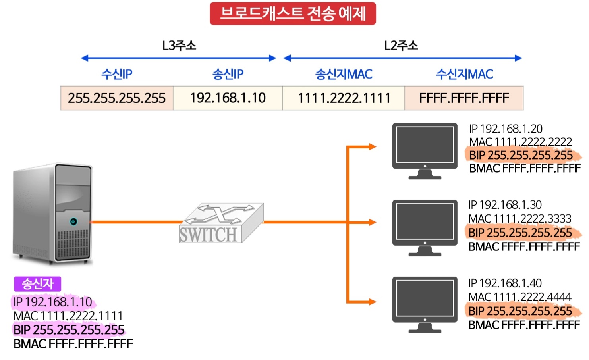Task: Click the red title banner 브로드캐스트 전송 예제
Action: click(293, 14)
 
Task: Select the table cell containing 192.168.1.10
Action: click(228, 98)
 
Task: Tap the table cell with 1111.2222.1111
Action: click(344, 98)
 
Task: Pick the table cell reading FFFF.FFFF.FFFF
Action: click(464, 98)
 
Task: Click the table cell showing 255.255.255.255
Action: click(117, 98)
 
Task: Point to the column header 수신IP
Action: click(117, 74)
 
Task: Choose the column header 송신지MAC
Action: click(344, 74)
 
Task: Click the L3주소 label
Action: click(179, 46)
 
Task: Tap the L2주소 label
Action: click(401, 46)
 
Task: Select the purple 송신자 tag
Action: click(37, 284)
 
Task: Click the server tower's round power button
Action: click(73, 221)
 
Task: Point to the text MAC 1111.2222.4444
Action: click(519, 297)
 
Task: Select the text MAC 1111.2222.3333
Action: click(519, 219)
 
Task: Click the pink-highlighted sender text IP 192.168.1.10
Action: click(52, 302)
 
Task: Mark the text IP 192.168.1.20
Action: click(506, 129)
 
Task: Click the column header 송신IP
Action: click(228, 74)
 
